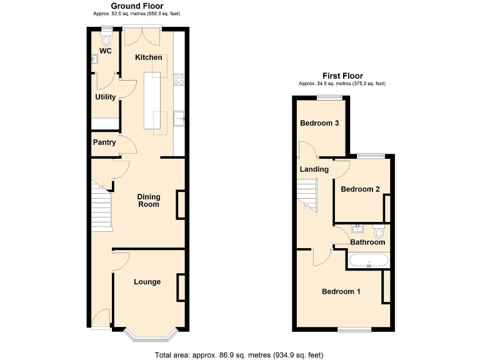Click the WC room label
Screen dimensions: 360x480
click(x=105, y=51)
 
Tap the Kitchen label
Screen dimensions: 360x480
click(x=149, y=57)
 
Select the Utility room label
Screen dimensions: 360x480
click(x=105, y=97)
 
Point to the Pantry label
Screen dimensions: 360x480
click(x=104, y=142)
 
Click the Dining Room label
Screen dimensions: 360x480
click(x=149, y=200)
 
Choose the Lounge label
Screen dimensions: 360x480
click(x=147, y=282)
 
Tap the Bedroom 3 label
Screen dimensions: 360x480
click(x=319, y=123)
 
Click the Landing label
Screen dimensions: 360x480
click(x=314, y=169)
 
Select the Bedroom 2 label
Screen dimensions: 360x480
click(x=360, y=189)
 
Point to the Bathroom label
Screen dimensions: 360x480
click(x=367, y=242)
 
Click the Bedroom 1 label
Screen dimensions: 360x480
click(x=341, y=291)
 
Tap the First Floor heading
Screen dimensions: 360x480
click(x=342, y=76)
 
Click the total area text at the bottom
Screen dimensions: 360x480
click(x=239, y=355)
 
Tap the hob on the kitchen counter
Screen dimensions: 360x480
click(x=179, y=79)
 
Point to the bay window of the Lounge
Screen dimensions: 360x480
click(x=149, y=336)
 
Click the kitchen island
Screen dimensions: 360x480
click(x=152, y=101)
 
